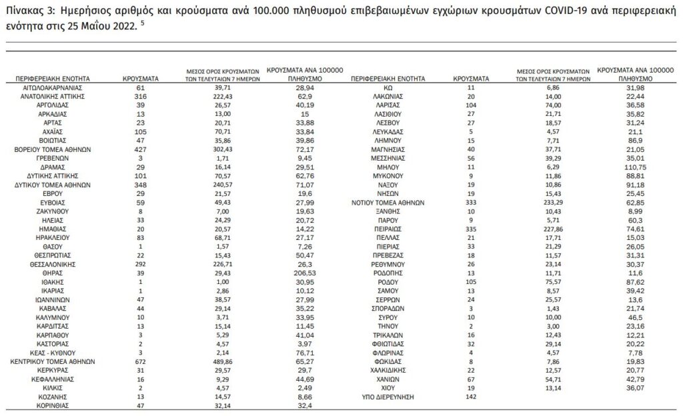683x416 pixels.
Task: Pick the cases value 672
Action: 140,361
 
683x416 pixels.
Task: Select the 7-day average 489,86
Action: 223,361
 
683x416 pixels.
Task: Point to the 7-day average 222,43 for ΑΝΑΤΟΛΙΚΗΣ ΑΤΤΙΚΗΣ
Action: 223,96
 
